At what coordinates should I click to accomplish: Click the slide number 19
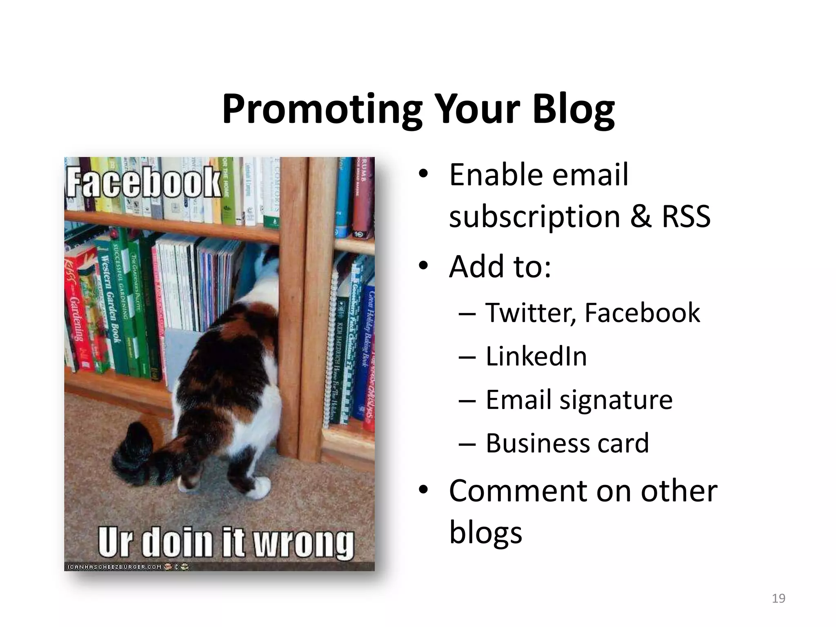(778, 598)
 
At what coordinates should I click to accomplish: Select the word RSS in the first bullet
(686, 216)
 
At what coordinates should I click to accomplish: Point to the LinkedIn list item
(536, 356)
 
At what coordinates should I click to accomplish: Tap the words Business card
(567, 443)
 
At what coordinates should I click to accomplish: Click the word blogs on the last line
(485, 532)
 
